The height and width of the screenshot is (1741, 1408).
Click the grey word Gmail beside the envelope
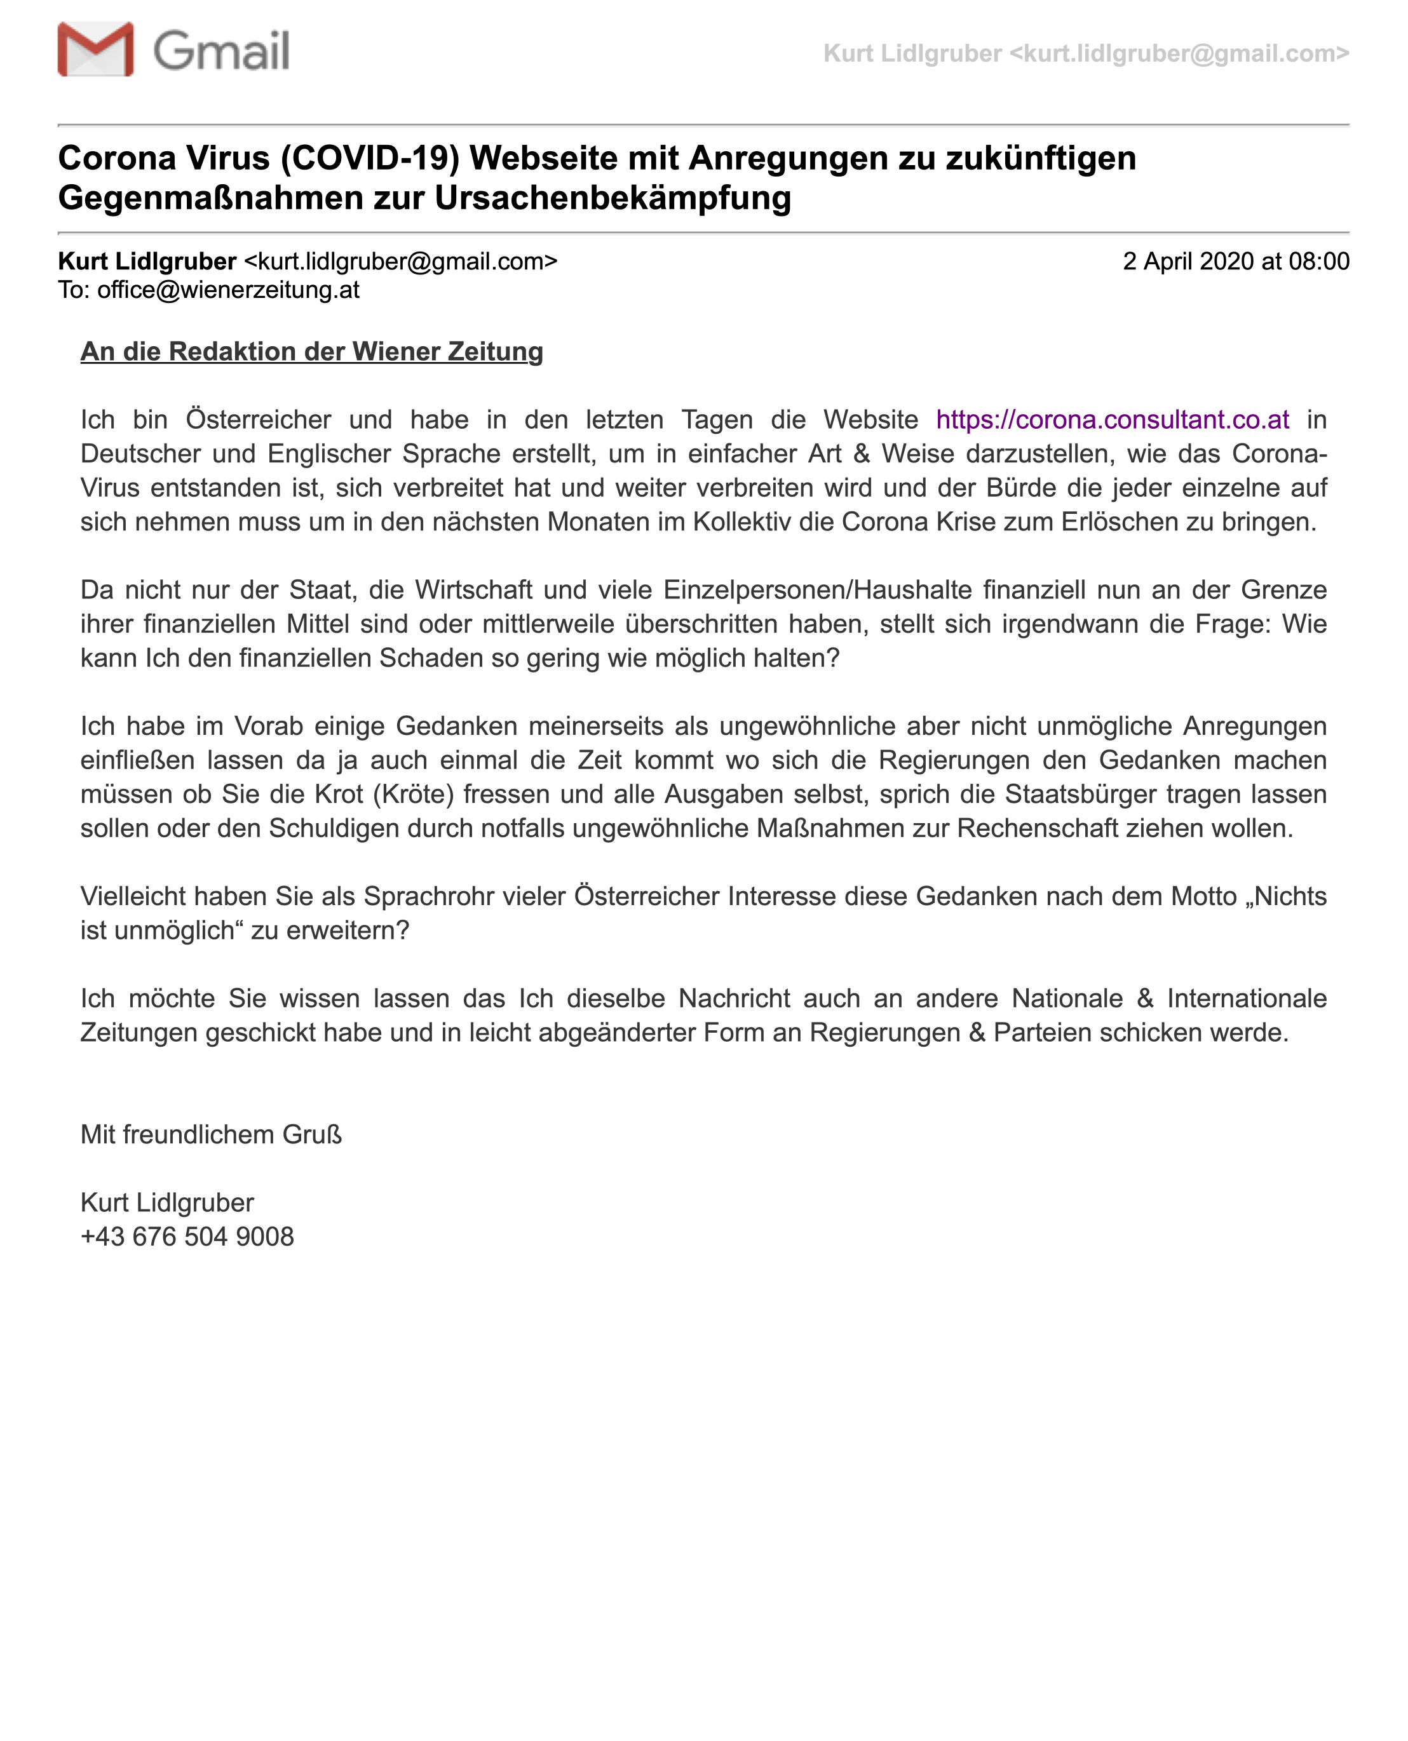[220, 51]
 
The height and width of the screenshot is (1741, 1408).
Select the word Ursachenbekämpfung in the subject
[613, 198]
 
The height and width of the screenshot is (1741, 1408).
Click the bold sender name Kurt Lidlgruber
[147, 261]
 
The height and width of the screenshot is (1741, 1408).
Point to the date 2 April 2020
[1188, 261]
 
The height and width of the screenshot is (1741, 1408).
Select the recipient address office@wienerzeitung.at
[228, 290]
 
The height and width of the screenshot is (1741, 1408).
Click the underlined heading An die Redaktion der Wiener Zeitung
[311, 351]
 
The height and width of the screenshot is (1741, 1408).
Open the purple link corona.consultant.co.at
[1112, 419]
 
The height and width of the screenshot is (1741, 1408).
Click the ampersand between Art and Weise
[862, 454]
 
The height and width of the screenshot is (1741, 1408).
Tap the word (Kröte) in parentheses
[413, 794]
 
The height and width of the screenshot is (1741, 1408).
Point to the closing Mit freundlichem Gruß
[211, 1134]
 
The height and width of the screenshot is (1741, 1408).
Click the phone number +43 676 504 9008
[187, 1237]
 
